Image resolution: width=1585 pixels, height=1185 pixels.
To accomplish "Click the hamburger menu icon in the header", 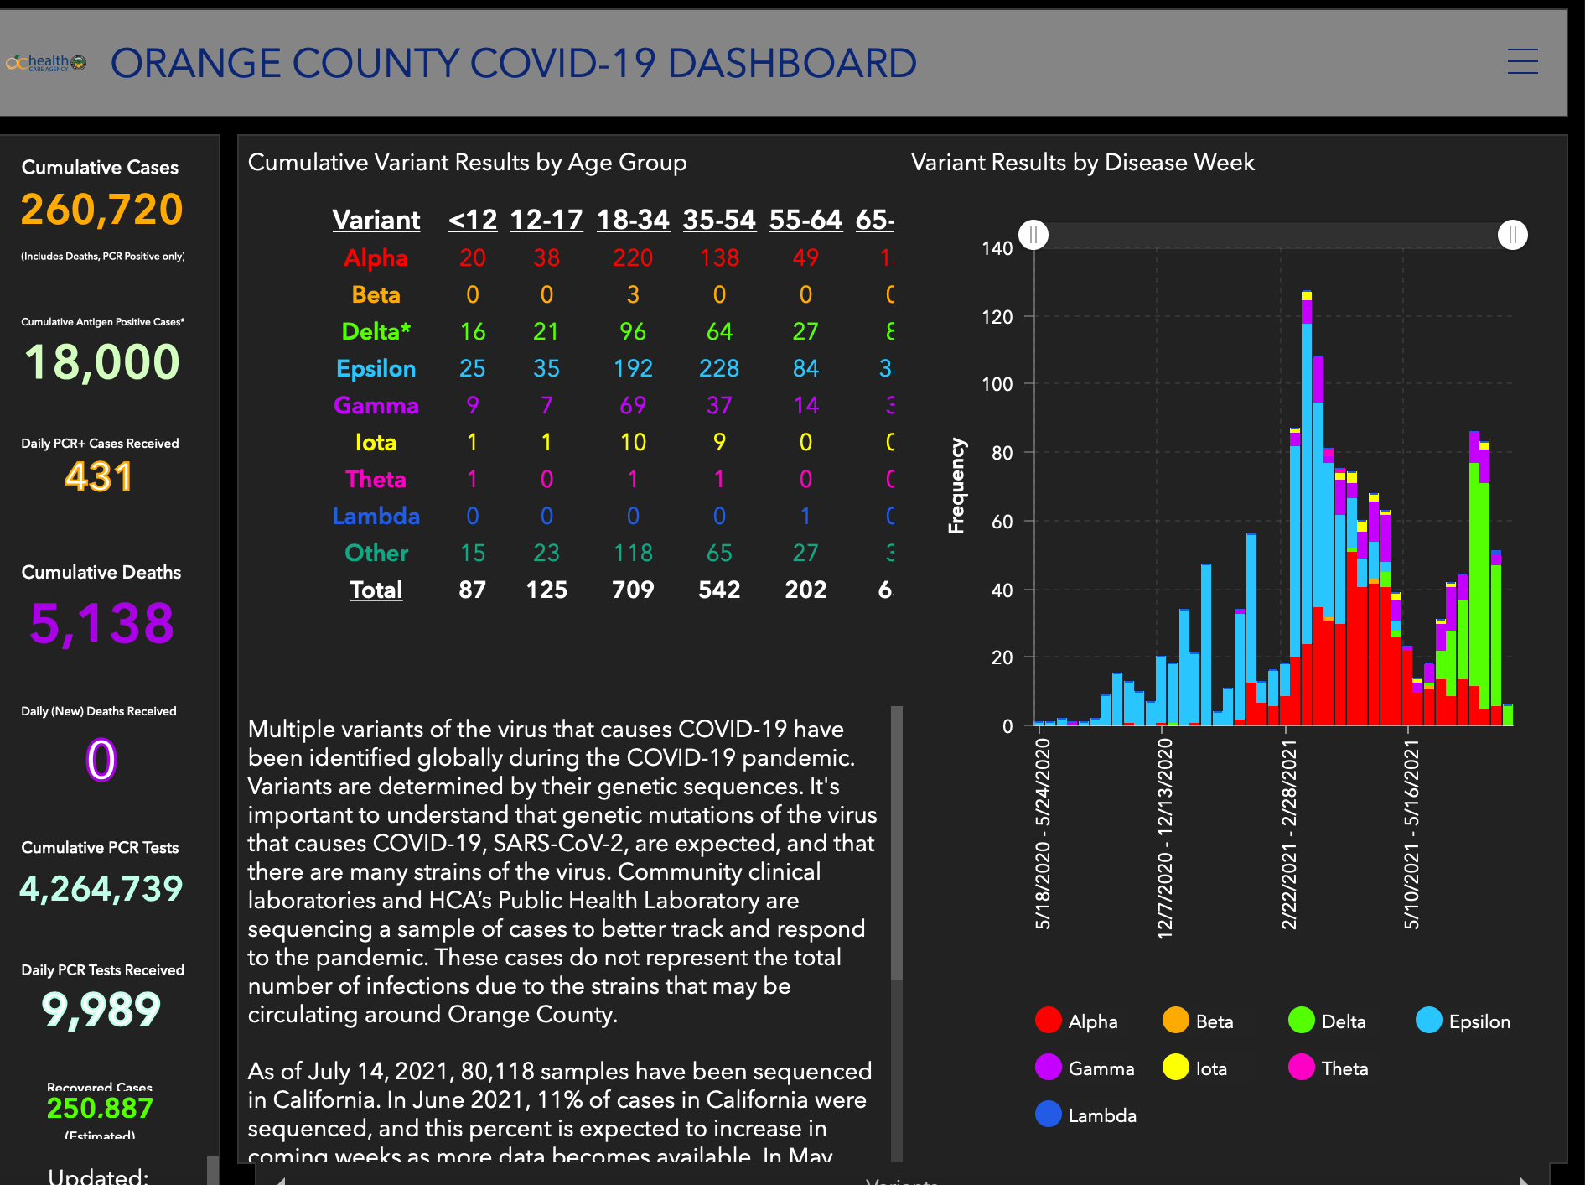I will [1522, 61].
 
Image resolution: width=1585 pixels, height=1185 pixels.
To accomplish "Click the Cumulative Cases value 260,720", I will [101, 209].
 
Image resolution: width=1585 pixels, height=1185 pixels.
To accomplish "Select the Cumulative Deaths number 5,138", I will [101, 623].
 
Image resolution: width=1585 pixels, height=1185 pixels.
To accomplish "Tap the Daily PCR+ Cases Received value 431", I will [99, 477].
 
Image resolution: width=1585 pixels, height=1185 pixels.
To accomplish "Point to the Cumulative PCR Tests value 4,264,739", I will [101, 888].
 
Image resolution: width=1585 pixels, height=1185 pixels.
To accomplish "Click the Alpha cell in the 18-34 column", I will [633, 257].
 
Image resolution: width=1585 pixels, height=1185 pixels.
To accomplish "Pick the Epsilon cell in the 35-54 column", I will [719, 368].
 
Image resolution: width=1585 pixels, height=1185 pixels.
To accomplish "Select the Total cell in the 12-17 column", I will [546, 590].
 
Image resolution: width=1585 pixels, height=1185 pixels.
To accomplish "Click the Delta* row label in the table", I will [376, 331].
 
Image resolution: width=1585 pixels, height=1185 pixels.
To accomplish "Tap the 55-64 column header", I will [805, 220].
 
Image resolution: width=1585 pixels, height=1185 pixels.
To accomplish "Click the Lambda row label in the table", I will [376, 516].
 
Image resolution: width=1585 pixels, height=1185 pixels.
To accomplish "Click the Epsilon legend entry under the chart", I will [1463, 1021].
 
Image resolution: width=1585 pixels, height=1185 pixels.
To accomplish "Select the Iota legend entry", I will [1195, 1068].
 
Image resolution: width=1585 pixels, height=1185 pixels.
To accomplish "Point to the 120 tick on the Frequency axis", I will [997, 317].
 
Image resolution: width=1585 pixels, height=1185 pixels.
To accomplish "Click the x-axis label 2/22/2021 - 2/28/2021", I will [1289, 834].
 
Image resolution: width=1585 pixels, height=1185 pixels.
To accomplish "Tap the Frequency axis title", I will [956, 486].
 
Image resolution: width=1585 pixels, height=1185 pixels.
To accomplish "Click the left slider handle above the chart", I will [1034, 235].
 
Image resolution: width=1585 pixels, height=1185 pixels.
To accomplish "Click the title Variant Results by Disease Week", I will [1082, 162].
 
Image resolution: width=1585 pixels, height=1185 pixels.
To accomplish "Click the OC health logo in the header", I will [46, 63].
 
